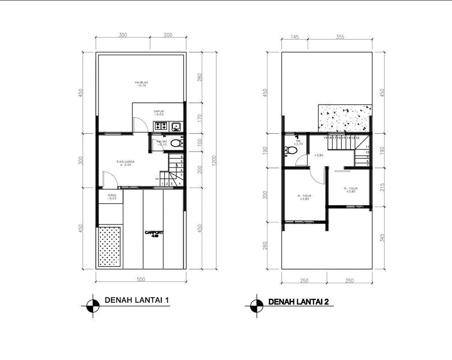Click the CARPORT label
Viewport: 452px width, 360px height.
[x=154, y=233]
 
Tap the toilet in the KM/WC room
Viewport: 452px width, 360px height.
[x=176, y=143]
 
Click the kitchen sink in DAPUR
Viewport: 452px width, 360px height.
[x=176, y=127]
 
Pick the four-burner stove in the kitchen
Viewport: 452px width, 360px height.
[x=160, y=127]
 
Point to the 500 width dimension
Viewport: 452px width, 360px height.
[x=141, y=279]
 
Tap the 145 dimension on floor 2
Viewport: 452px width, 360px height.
[x=294, y=37]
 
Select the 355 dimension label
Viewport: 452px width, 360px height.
[x=339, y=37]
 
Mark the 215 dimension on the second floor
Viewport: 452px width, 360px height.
[x=382, y=187]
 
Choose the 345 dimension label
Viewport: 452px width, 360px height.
[x=382, y=237]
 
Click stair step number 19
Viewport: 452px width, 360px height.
[x=325, y=138]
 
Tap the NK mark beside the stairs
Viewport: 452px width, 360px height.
[x=157, y=179]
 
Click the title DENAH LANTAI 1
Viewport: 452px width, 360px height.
[x=137, y=300]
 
